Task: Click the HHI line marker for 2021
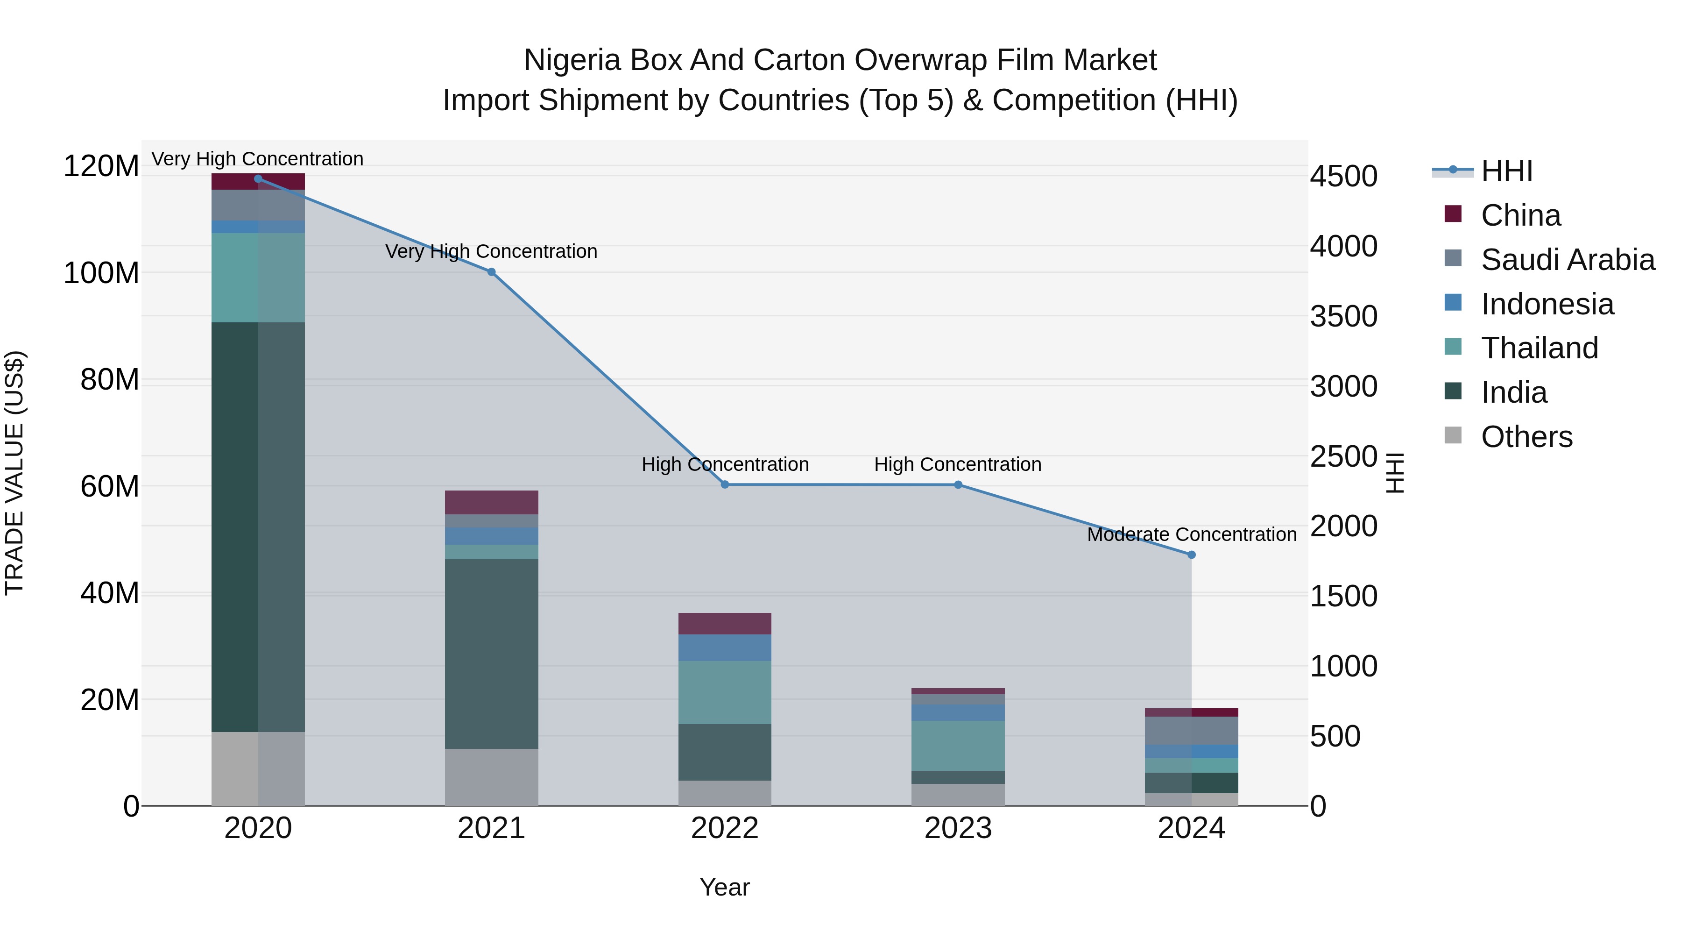point(491,272)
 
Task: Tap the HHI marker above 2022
point(725,484)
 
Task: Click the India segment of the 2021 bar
point(491,653)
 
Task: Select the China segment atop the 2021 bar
point(491,502)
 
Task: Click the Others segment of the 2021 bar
point(491,777)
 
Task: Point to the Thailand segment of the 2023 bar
point(958,746)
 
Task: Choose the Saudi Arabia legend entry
point(1566,260)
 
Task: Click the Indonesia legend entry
point(1547,304)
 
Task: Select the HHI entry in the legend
point(1506,171)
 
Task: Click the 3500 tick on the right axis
point(1343,317)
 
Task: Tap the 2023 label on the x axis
point(958,828)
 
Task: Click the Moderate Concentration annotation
point(1192,535)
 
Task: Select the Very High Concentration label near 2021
point(491,251)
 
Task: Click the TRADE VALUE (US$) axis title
point(14,473)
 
